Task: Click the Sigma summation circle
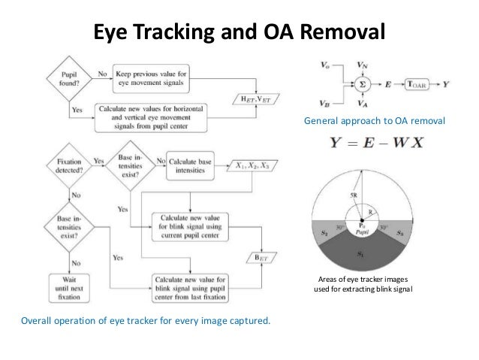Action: pos(363,85)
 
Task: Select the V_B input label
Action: pos(324,105)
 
